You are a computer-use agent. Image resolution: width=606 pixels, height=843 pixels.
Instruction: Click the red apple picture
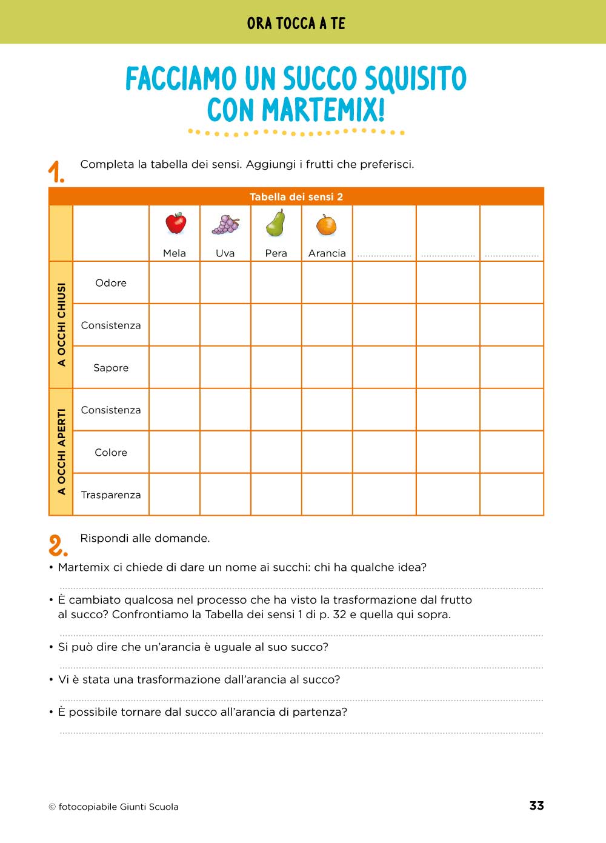pos(176,224)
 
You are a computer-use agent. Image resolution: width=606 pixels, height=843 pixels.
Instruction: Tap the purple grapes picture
pos(225,224)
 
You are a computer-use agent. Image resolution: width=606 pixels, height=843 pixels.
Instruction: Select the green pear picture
pos(276,224)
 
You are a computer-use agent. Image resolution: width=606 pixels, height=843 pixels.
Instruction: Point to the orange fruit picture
pos(327,225)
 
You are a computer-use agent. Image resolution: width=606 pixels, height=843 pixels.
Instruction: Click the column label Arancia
pos(327,253)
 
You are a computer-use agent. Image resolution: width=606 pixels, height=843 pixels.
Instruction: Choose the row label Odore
pos(111,283)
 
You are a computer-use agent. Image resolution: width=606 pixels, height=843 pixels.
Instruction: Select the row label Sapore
pos(111,368)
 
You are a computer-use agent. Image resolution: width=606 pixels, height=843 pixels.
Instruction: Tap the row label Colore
pos(111,453)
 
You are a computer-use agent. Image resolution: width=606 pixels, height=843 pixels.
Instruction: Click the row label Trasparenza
pos(111,495)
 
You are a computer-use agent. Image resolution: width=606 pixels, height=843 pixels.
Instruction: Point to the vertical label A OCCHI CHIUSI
pos(61,325)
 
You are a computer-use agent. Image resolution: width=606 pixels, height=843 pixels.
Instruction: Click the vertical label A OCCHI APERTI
pos(61,452)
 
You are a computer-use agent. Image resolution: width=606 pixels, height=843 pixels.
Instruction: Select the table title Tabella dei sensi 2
pos(296,197)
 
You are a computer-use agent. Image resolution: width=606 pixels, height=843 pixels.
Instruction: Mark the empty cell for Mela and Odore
pos(175,283)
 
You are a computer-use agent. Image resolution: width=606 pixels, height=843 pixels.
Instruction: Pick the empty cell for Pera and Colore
pos(276,453)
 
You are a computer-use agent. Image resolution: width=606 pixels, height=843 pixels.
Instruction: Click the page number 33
pos(536,805)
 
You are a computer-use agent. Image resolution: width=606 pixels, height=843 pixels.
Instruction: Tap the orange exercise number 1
pos(56,172)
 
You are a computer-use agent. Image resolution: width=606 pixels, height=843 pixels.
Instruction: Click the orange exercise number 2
pos(58,545)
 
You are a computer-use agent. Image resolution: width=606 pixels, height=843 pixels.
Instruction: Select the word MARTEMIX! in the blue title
pos(323,111)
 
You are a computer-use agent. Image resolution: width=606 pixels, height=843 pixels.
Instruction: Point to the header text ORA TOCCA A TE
pos(296,24)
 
